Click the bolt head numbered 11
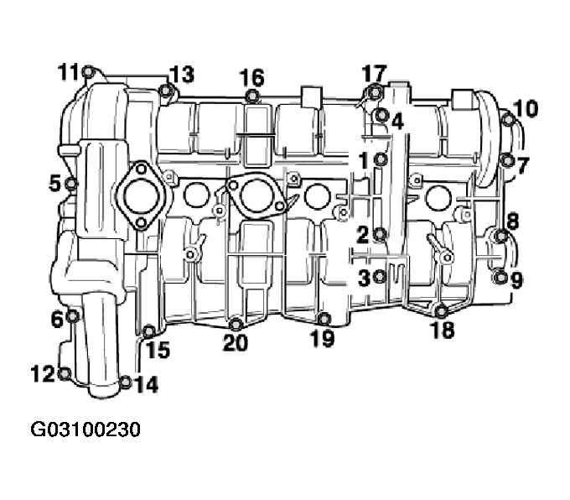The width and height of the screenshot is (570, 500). pos(88,71)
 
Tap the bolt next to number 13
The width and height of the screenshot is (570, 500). pos(166,90)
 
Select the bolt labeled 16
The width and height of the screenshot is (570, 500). pos(251,96)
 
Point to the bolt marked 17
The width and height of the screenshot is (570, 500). pos(374,92)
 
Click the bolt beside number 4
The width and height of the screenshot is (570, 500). pos(381,116)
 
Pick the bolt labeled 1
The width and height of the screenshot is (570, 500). pos(381,159)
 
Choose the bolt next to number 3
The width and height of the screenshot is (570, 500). pos(380,277)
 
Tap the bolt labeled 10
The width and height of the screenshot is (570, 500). pos(508,119)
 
